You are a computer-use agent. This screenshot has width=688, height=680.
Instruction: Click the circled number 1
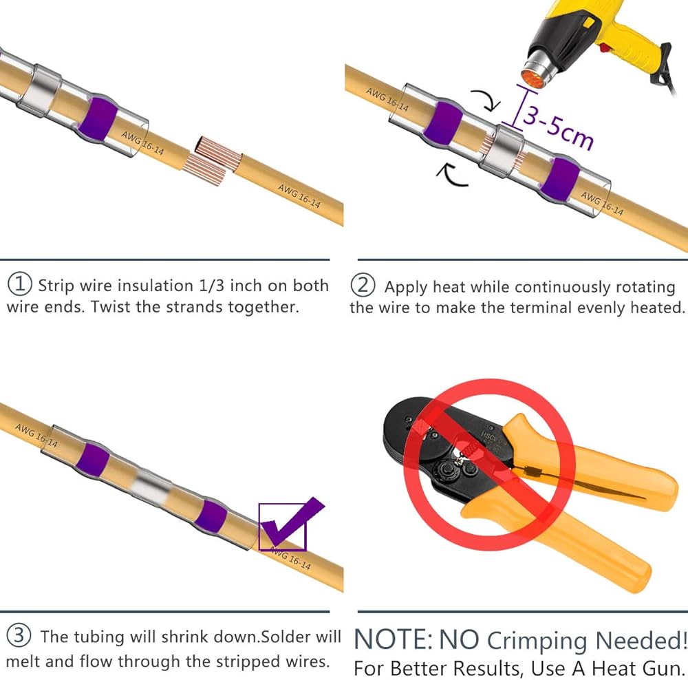tap(20, 284)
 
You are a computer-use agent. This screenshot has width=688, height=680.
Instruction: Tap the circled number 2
tap(363, 285)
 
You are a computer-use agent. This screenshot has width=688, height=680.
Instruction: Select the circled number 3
tap(19, 636)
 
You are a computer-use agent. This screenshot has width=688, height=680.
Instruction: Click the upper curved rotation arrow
tap(489, 99)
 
